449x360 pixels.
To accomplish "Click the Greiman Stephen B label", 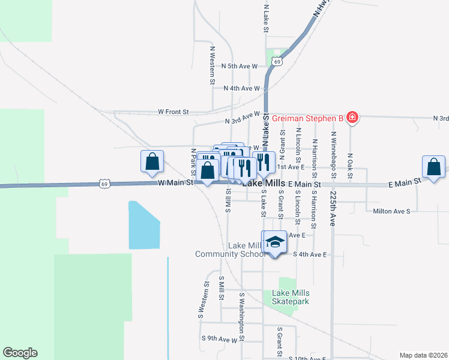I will pyautogui.click(x=307, y=118).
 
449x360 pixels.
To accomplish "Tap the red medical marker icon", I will pyautogui.click(x=352, y=118).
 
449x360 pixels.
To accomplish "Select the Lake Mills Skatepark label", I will pyautogui.click(x=291, y=297).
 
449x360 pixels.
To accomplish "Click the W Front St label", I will pyautogui.click(x=173, y=112).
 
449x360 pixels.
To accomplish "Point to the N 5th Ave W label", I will pyautogui.click(x=240, y=66).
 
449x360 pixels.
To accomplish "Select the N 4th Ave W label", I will pyautogui.click(x=241, y=88).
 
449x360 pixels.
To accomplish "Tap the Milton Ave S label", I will pyautogui.click(x=391, y=211).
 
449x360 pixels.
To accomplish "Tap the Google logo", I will pyautogui.click(x=20, y=353).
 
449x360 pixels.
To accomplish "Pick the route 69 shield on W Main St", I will pyautogui.click(x=104, y=184).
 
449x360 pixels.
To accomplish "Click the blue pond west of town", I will pyautogui.click(x=144, y=225).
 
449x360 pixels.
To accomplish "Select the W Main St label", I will pyautogui.click(x=175, y=182).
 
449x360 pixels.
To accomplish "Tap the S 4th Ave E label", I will pyautogui.click(x=310, y=254).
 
